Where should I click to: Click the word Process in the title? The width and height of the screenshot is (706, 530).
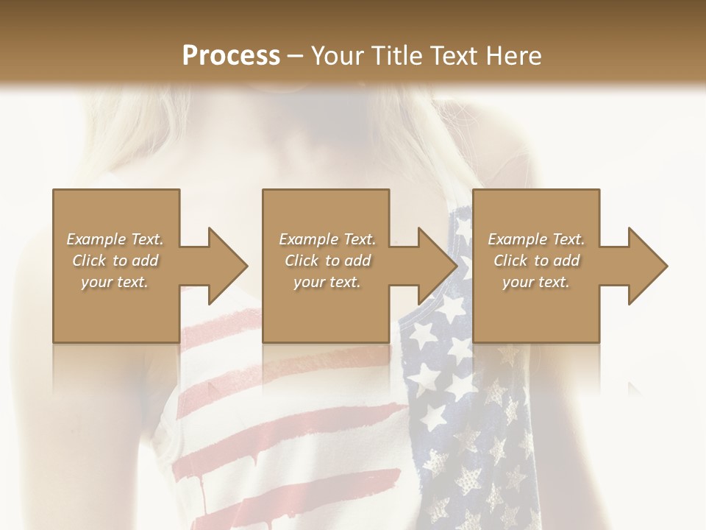point(231,55)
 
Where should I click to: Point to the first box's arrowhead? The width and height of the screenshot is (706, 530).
point(224,266)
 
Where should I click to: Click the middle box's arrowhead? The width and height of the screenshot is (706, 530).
point(435,266)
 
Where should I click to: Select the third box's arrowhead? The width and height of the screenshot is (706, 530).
point(645,266)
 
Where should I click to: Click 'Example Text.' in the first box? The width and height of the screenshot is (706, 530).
point(115,239)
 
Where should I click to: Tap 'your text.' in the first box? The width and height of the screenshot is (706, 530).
point(115,282)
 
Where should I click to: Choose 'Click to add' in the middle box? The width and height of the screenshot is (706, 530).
point(327,261)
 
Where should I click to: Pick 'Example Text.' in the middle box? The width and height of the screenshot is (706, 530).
point(327,239)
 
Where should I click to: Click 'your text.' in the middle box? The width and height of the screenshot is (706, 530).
point(327,282)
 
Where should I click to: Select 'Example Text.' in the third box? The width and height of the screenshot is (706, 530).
point(536,239)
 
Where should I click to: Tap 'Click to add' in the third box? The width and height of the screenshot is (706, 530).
point(536,261)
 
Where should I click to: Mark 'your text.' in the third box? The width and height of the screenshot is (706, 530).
point(536,282)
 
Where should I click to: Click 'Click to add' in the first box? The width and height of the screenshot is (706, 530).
point(115,261)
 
